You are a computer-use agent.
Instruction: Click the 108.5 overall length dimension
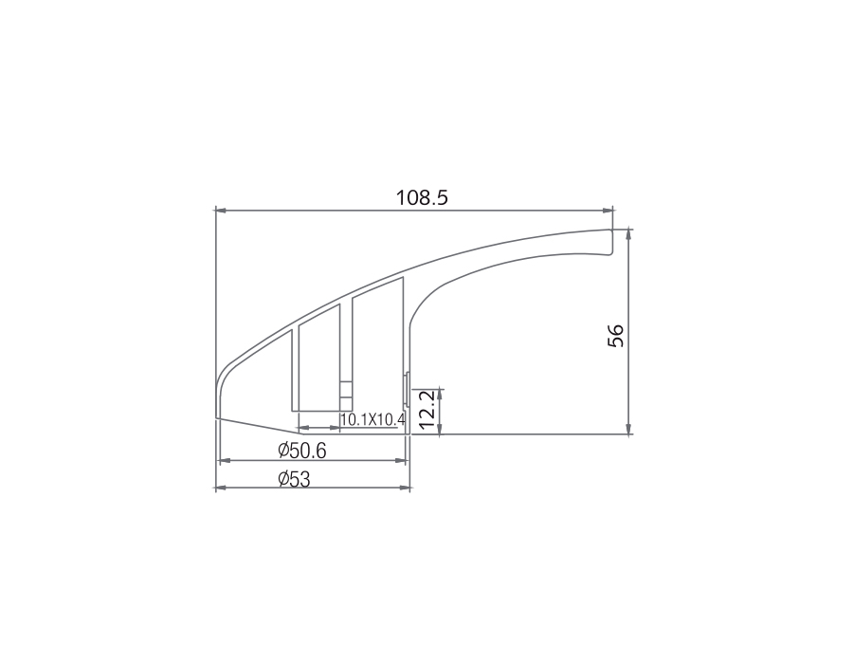pos(422,197)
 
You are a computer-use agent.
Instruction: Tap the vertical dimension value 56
pos(616,335)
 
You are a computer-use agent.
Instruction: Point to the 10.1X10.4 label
pos(372,419)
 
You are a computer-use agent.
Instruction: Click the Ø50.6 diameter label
pos(302,451)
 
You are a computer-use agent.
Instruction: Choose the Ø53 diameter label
pos(294,479)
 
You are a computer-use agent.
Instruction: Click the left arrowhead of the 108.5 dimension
pos(221,210)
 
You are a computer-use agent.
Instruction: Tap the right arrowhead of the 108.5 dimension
pos(608,210)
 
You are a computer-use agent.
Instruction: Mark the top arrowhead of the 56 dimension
pos(628,234)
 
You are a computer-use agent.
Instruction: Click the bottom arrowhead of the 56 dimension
pos(628,429)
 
